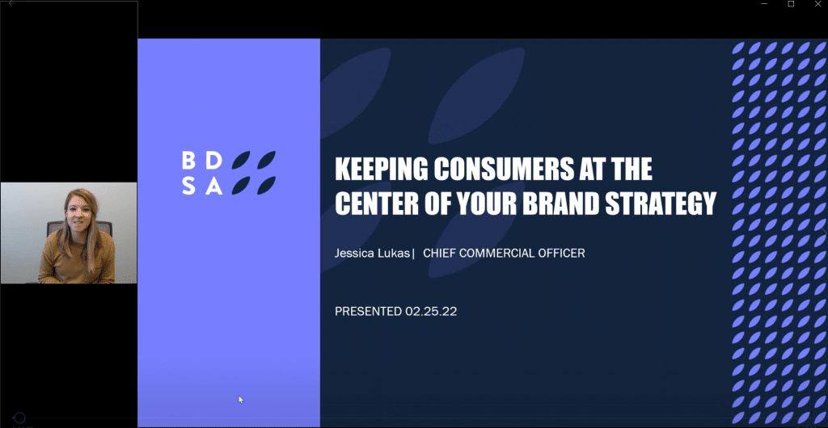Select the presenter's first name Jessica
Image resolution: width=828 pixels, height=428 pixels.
coord(354,254)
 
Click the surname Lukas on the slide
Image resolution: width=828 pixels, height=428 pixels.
coord(394,254)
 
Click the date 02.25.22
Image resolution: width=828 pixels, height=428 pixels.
coord(431,312)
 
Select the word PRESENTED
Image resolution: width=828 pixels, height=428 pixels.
coord(369,312)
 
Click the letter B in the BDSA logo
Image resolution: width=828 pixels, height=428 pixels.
coord(188,160)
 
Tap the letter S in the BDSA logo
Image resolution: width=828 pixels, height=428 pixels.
coord(188,186)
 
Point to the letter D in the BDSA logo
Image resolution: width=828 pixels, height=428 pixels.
coord(213,160)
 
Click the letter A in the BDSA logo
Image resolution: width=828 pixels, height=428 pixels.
coord(213,186)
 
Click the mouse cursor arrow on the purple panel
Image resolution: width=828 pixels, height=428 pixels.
coord(241,400)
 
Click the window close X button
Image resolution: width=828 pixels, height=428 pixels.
coord(818,4)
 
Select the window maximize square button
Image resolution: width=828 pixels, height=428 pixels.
coord(791,4)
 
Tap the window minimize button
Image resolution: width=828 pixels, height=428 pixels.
coord(764,4)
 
